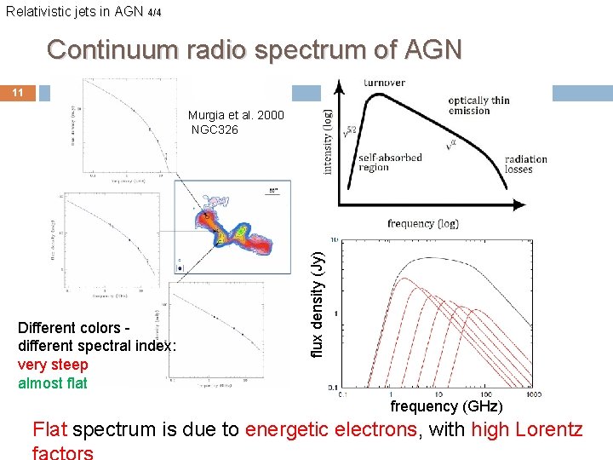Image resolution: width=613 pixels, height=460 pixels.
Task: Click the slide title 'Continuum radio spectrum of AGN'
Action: pos(255,49)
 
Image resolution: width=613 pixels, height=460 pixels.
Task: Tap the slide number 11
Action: pos(18,92)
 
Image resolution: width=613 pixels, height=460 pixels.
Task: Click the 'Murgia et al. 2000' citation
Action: pos(237,115)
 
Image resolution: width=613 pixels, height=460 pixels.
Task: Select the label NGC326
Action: pos(215,129)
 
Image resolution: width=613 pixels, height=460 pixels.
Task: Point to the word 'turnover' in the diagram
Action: pos(384,83)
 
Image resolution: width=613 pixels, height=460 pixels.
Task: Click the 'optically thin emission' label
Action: pos(478,105)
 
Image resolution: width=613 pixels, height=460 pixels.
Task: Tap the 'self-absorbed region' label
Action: pos(386,163)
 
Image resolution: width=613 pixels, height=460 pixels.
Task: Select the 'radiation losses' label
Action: pos(525,164)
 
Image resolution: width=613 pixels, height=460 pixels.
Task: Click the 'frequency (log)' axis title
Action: pos(422,224)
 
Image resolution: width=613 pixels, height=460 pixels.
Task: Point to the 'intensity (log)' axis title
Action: pos(329,141)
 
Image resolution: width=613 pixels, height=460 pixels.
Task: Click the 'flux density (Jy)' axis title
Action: pos(317,302)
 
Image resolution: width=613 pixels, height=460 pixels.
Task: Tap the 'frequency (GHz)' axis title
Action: pos(446,406)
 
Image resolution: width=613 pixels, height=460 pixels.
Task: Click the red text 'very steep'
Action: pos(53,365)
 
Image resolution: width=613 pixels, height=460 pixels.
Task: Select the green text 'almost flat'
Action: pos(53,382)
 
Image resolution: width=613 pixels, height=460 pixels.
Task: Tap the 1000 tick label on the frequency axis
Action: pos(534,394)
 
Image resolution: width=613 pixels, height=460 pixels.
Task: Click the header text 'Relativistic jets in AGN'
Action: pos(74,11)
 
